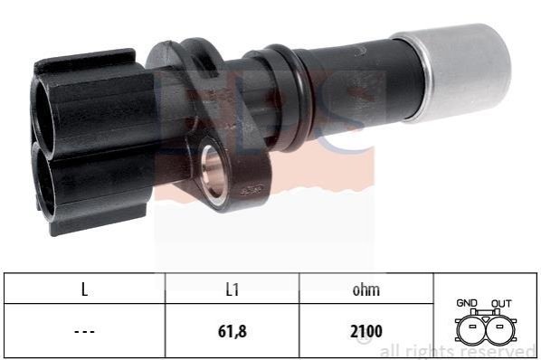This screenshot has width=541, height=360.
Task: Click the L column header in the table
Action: coord(84,289)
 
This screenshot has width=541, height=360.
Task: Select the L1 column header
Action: coord(233,289)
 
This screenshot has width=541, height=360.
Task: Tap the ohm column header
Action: coord(366,289)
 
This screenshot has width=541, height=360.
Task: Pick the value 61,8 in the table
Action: coord(233,331)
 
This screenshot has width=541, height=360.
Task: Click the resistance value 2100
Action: coord(366,331)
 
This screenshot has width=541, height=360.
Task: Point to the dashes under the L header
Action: coord(84,332)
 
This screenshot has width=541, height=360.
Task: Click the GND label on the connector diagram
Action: coord(467,303)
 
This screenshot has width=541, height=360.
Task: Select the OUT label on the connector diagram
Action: coord(501,303)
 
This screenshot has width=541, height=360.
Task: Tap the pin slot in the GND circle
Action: coord(472,326)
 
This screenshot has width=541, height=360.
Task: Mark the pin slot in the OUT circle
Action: coord(499,326)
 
